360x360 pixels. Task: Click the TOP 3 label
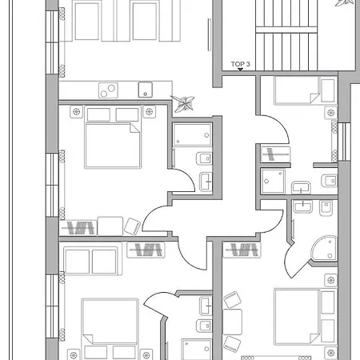pyautogui.click(x=241, y=64)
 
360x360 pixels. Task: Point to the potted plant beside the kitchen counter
pyautogui.click(x=183, y=102)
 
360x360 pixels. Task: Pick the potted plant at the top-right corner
pyautogui.click(x=346, y=3)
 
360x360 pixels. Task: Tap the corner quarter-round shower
pyautogui.click(x=324, y=247)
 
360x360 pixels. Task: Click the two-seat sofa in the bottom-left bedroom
pyautogui.click(x=91, y=262)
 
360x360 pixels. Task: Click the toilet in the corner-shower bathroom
pyautogui.click(x=326, y=209)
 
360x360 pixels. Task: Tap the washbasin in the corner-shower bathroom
pyautogui.click(x=303, y=207)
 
